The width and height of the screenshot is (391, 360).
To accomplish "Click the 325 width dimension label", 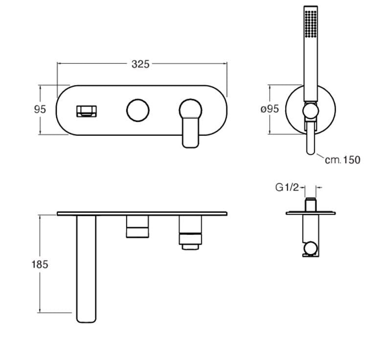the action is [140, 64].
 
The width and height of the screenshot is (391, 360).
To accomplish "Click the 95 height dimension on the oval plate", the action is [40, 109].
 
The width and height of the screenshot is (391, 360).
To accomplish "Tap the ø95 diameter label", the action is [270, 109].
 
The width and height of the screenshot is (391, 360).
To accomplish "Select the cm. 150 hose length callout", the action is [343, 160].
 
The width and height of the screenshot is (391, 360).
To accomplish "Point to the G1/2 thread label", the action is [287, 188].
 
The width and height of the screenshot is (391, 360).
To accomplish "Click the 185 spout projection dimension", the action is [40, 264].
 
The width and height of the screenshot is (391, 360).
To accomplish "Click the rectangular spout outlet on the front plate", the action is [87, 111].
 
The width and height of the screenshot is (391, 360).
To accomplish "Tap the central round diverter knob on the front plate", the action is [138, 110].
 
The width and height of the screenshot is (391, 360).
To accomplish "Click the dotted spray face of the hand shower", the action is [311, 24].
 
